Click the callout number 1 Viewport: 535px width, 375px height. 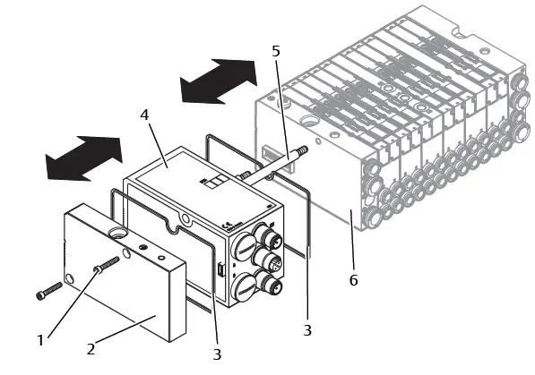tap(39, 339)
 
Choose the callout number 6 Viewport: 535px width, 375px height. tap(353, 280)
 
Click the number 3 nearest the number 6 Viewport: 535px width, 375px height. tap(307, 330)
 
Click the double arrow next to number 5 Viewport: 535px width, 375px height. tap(218, 81)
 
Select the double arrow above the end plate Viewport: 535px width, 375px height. tap(84, 158)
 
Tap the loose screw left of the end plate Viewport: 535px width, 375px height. tap(49, 291)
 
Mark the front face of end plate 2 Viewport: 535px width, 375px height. tap(116, 286)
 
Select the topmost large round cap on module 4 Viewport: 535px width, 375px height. tap(246, 242)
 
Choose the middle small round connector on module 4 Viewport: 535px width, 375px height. tap(271, 265)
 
